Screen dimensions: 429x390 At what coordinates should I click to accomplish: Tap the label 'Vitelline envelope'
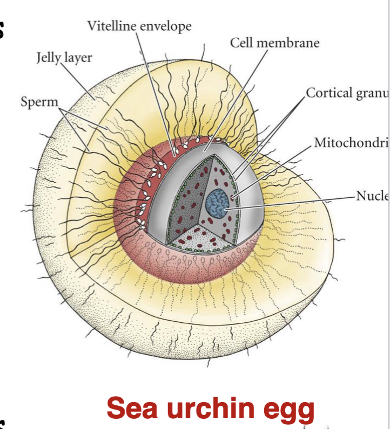(x=139, y=25)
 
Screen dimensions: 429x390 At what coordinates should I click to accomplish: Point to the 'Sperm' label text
(x=39, y=101)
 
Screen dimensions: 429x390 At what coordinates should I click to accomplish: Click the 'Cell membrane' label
(x=274, y=43)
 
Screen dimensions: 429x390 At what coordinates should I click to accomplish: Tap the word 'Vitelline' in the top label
(x=111, y=25)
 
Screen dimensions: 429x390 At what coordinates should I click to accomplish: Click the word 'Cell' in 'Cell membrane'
(x=241, y=43)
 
